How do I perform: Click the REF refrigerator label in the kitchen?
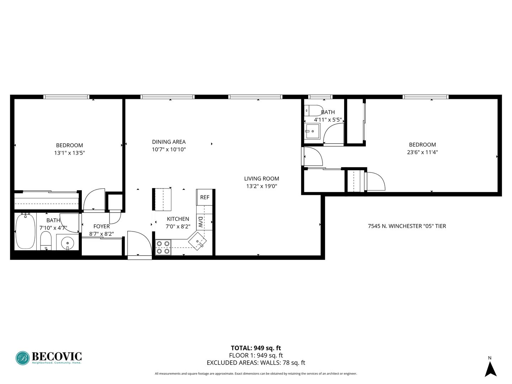(x=204, y=197)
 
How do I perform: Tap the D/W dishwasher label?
(x=200, y=222)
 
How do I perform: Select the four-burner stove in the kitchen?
(x=163, y=247)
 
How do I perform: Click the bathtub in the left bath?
(x=26, y=231)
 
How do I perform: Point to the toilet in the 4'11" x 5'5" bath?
(x=314, y=111)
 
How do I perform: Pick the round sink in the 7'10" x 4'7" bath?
(x=68, y=243)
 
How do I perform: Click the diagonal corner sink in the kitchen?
(x=197, y=241)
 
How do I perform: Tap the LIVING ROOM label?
(x=261, y=178)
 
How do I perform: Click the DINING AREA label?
(x=169, y=142)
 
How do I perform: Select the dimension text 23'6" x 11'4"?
(x=422, y=152)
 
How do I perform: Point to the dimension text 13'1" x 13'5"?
(x=69, y=153)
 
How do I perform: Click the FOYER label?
(x=101, y=226)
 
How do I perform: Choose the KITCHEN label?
(x=178, y=219)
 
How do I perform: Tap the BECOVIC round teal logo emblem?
(x=23, y=358)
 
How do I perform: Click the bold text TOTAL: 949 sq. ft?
(x=256, y=348)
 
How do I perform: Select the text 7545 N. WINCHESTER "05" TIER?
(x=407, y=226)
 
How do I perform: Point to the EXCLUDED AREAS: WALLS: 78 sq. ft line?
(x=256, y=363)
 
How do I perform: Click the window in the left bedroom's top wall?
(x=66, y=97)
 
